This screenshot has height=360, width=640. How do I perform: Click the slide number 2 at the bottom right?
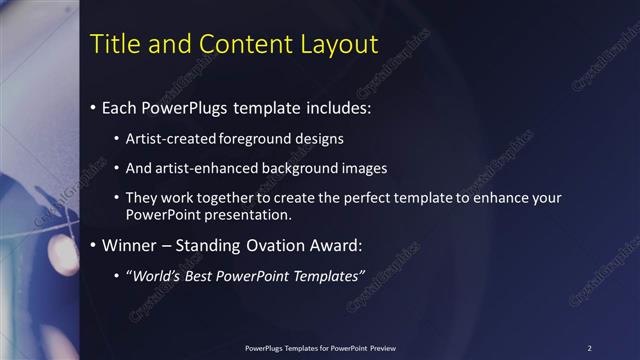pos(589,347)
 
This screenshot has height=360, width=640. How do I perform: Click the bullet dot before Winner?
pos(94,245)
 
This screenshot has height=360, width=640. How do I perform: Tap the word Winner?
pos(129,245)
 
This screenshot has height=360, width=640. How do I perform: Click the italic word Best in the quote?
pos(201,276)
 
